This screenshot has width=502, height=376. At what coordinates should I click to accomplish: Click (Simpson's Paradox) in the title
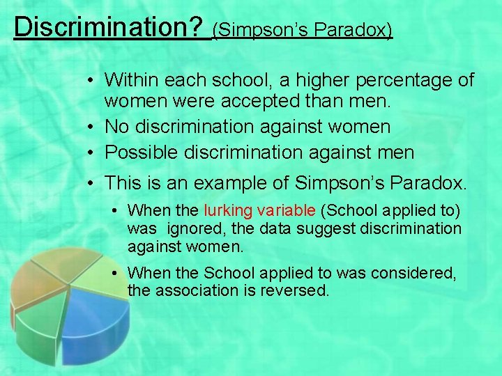303,30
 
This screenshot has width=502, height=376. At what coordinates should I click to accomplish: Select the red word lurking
228,210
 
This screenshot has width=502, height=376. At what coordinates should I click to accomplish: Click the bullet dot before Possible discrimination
91,152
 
